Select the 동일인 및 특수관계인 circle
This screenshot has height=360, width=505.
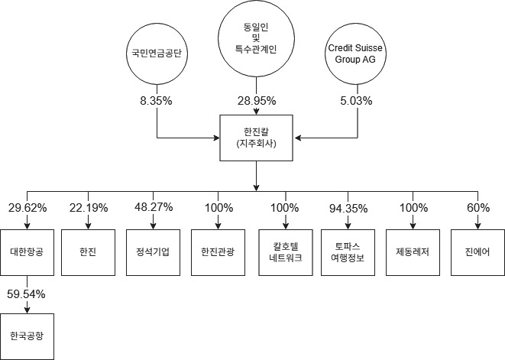coord(257,37)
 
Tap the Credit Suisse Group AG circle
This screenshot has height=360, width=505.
coord(357,54)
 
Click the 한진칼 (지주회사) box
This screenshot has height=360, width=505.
coord(257,138)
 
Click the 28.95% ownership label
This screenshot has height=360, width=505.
coord(257,100)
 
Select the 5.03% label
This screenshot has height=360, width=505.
coord(357,100)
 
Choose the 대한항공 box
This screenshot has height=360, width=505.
coord(28,251)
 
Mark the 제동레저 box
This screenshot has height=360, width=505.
coord(414,251)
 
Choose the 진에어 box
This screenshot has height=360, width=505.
coord(477,251)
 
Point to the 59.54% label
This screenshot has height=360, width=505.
coord(28,293)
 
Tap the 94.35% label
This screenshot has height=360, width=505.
coord(349,208)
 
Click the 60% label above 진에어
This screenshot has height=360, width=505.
coord(477,208)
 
